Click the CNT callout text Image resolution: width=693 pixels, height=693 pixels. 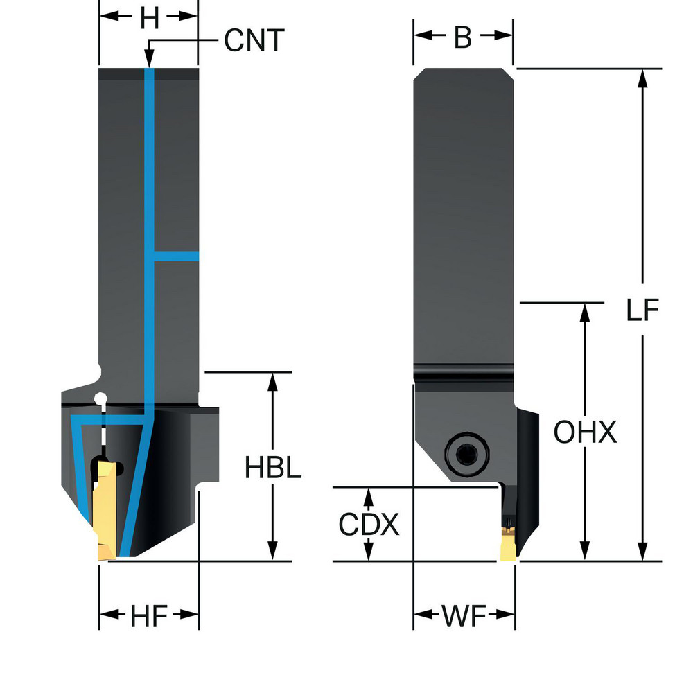coord(254,42)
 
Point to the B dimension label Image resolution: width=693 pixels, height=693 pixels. coord(463,39)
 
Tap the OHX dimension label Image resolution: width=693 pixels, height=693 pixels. coord(585,433)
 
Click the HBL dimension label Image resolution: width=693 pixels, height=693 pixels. coord(273,469)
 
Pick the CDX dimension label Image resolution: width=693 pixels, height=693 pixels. coord(369,525)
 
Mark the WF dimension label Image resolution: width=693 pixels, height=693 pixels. coord(464,615)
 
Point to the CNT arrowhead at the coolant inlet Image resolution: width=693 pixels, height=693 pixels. coord(148,61)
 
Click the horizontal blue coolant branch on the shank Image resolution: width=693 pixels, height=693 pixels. coord(176,256)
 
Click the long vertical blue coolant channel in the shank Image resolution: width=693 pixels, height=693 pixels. coord(148,208)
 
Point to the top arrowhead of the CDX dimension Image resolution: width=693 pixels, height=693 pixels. coord(369,495)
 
